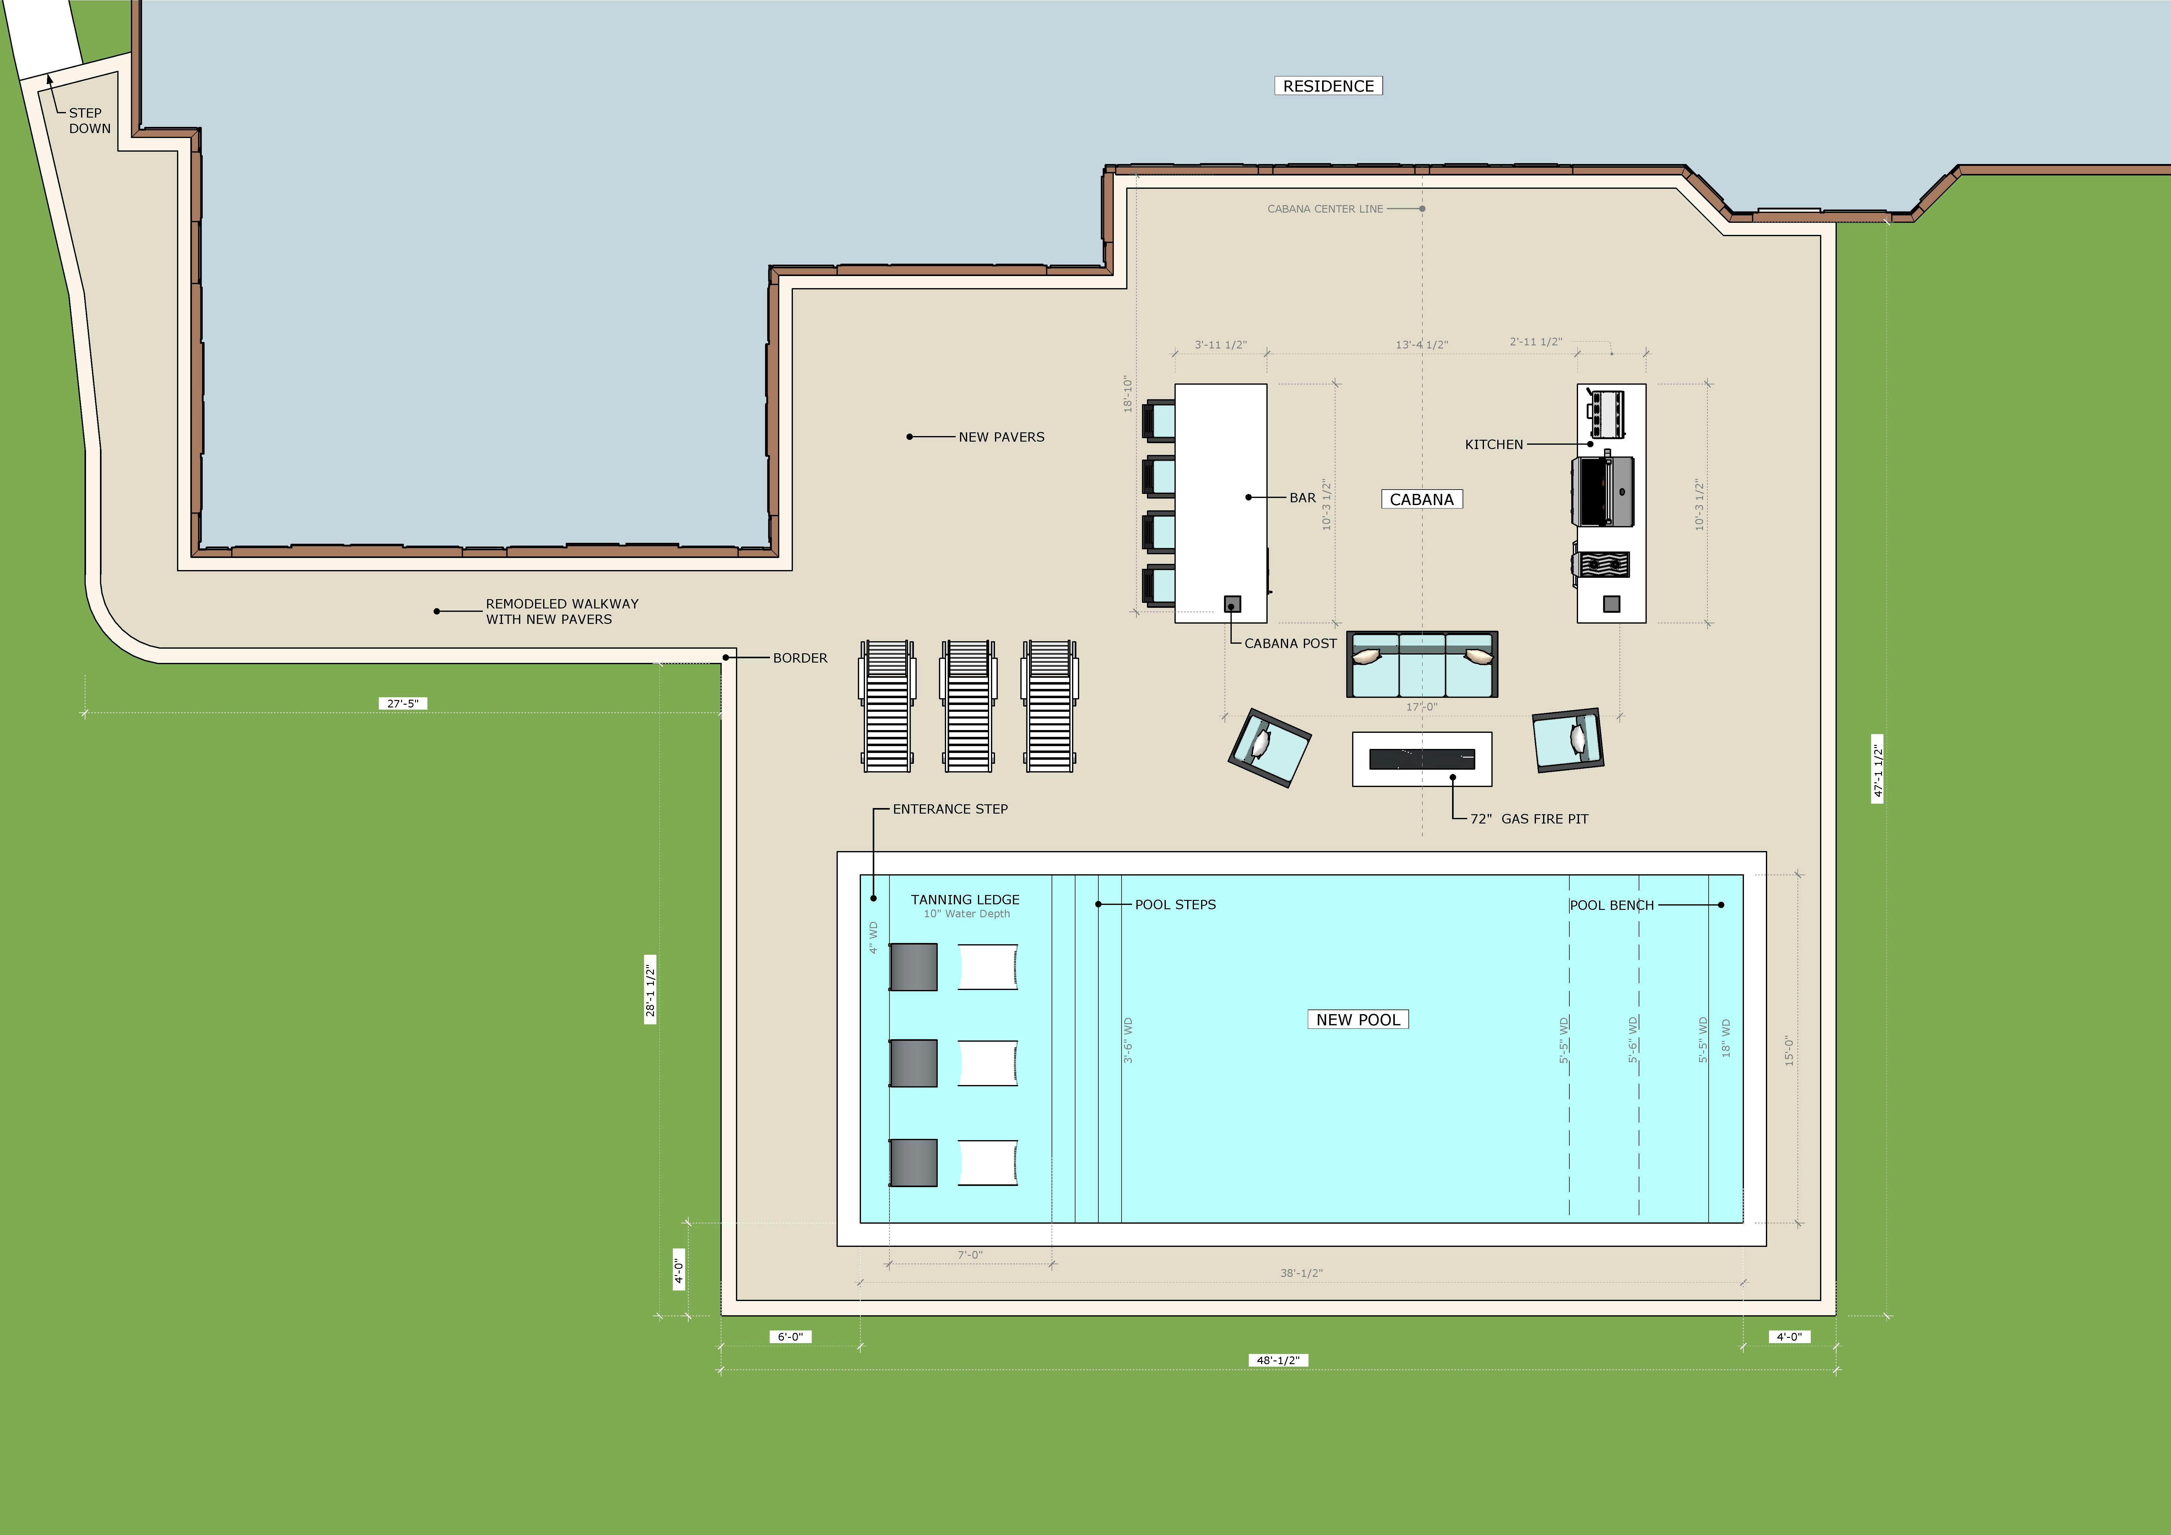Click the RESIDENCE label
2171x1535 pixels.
[x=1329, y=86]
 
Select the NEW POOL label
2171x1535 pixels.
[x=1358, y=1019]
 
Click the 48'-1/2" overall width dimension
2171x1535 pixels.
[x=1278, y=1360]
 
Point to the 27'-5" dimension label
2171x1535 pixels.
[x=403, y=704]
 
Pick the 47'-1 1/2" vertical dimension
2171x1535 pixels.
[x=1878, y=768]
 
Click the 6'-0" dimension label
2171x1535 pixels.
[x=790, y=1336]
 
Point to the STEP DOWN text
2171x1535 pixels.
[x=89, y=120]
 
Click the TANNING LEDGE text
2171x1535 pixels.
[x=965, y=899]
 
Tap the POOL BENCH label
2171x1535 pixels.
[x=1612, y=905]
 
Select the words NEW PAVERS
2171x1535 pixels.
[x=1001, y=437]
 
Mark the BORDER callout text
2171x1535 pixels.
[x=800, y=658]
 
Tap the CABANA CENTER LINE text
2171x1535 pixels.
[x=1325, y=209]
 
